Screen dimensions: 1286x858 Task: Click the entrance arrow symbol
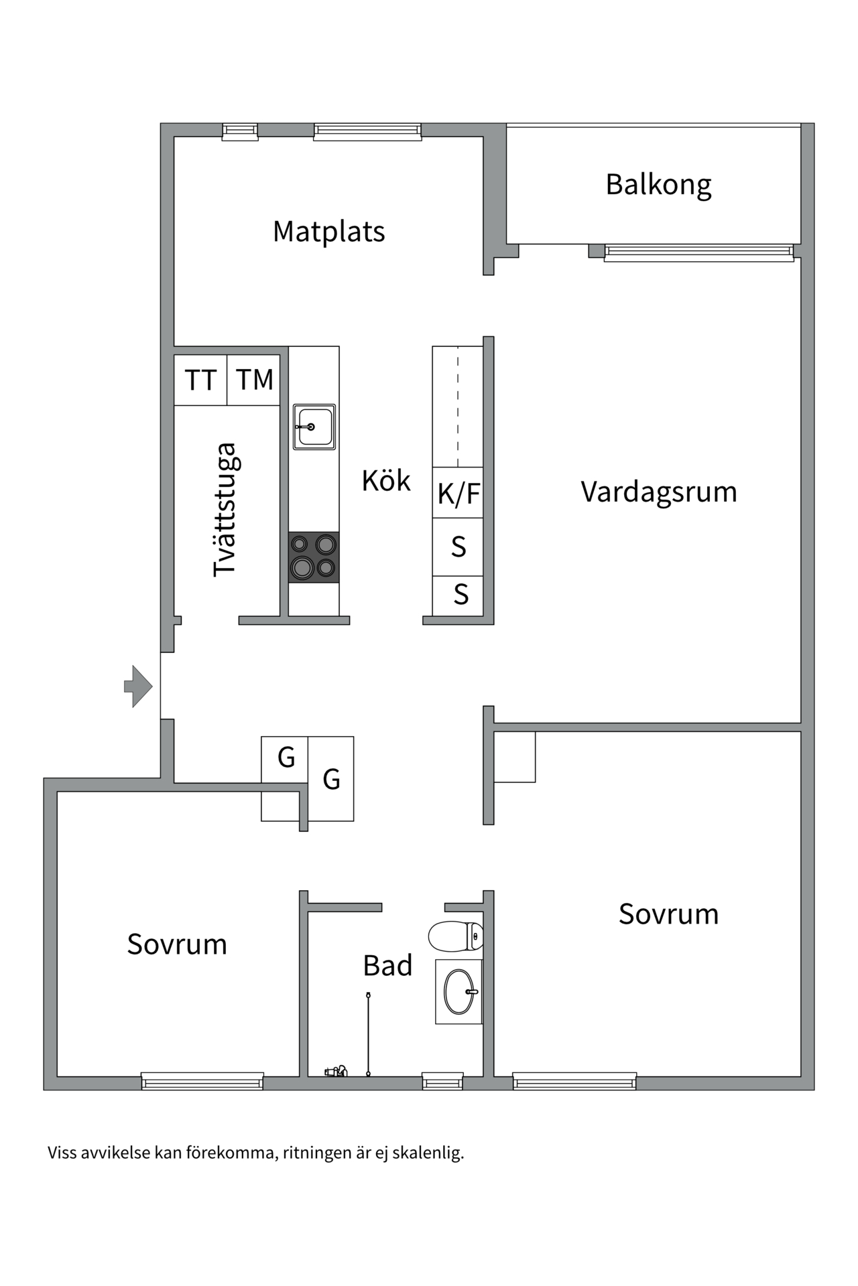point(139,686)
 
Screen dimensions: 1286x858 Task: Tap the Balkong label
point(658,184)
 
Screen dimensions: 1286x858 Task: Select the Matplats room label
point(328,232)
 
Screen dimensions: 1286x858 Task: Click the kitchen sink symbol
point(314,427)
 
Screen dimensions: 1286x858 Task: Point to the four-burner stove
point(314,557)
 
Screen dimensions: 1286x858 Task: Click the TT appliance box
point(200,380)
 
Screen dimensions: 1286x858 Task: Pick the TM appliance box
point(254,380)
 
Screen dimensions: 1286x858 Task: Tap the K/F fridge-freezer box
point(458,494)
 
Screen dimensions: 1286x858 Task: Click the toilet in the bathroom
point(456,936)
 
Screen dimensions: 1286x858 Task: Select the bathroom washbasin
point(459,991)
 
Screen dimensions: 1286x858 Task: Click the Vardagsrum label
point(658,492)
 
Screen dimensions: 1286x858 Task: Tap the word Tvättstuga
point(225,509)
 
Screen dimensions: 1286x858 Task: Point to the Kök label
point(385,481)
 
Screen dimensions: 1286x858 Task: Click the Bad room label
point(387,966)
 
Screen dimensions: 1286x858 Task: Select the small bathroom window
point(442,1080)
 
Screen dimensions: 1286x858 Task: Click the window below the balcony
point(698,253)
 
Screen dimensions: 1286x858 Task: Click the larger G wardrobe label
point(331,780)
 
